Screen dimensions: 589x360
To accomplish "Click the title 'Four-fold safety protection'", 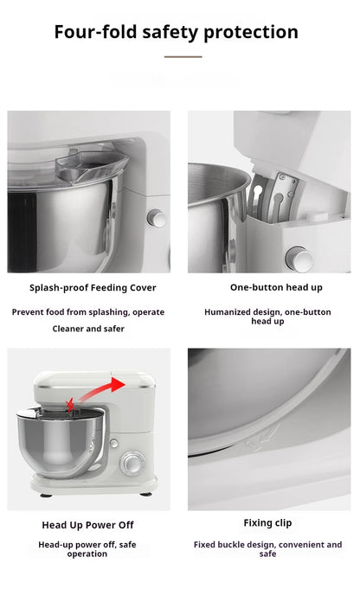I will click(176, 32).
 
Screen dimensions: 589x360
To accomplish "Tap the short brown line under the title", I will click(183, 57).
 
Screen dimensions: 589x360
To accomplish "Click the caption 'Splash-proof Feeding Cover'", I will click(93, 287).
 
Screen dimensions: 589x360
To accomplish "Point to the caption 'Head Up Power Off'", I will click(87, 525).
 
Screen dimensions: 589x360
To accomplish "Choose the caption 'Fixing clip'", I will click(267, 523).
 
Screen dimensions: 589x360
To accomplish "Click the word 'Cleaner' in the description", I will click(71, 329).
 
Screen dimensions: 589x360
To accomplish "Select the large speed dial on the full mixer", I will click(132, 464).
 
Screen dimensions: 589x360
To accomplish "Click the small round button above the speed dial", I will click(113, 443).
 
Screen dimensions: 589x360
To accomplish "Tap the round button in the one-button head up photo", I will click(297, 257).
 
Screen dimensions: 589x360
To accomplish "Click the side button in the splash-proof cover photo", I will click(157, 218).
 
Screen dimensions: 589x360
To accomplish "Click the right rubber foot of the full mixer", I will click(145, 496).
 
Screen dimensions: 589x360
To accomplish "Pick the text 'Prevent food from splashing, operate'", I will click(87, 311).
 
